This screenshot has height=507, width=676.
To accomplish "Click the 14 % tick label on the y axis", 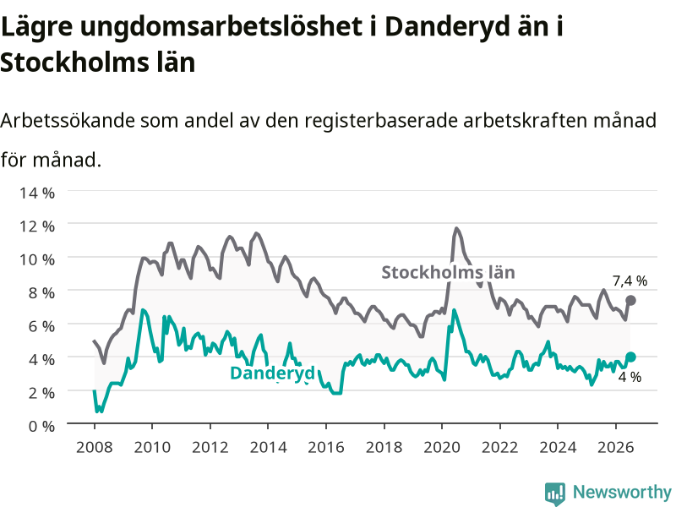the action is coord(37,193).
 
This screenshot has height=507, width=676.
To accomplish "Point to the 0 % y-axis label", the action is coord(41,427).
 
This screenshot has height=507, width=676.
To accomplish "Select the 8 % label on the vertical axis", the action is coord(41,292).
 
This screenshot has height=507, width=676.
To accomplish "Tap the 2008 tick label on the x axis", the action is coord(95,447).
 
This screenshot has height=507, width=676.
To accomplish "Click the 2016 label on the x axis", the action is coord(326,447).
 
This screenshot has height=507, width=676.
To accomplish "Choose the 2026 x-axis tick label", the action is coord(616,447).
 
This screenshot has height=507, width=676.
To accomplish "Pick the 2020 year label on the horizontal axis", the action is coord(442,447).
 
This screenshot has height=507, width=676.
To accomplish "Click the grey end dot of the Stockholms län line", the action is coord(630,301).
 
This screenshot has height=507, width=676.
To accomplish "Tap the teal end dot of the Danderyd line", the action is coord(630,357).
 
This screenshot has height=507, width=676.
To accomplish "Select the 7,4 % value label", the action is coord(630,281).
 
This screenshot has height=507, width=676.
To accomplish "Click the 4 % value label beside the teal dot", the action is coord(630,377).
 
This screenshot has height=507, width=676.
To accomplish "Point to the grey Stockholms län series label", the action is coord(449,272).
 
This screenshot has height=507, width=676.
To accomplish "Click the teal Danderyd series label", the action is coord(272,373).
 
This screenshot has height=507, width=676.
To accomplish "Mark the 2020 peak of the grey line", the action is coord(456,228).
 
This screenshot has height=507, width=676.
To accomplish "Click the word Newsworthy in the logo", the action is coord(622,492).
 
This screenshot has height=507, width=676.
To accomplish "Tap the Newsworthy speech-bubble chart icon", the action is coord(555,493).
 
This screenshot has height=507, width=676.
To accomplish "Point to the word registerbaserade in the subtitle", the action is coord(381,121).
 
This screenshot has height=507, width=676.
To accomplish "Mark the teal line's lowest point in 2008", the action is coord(97,412).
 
